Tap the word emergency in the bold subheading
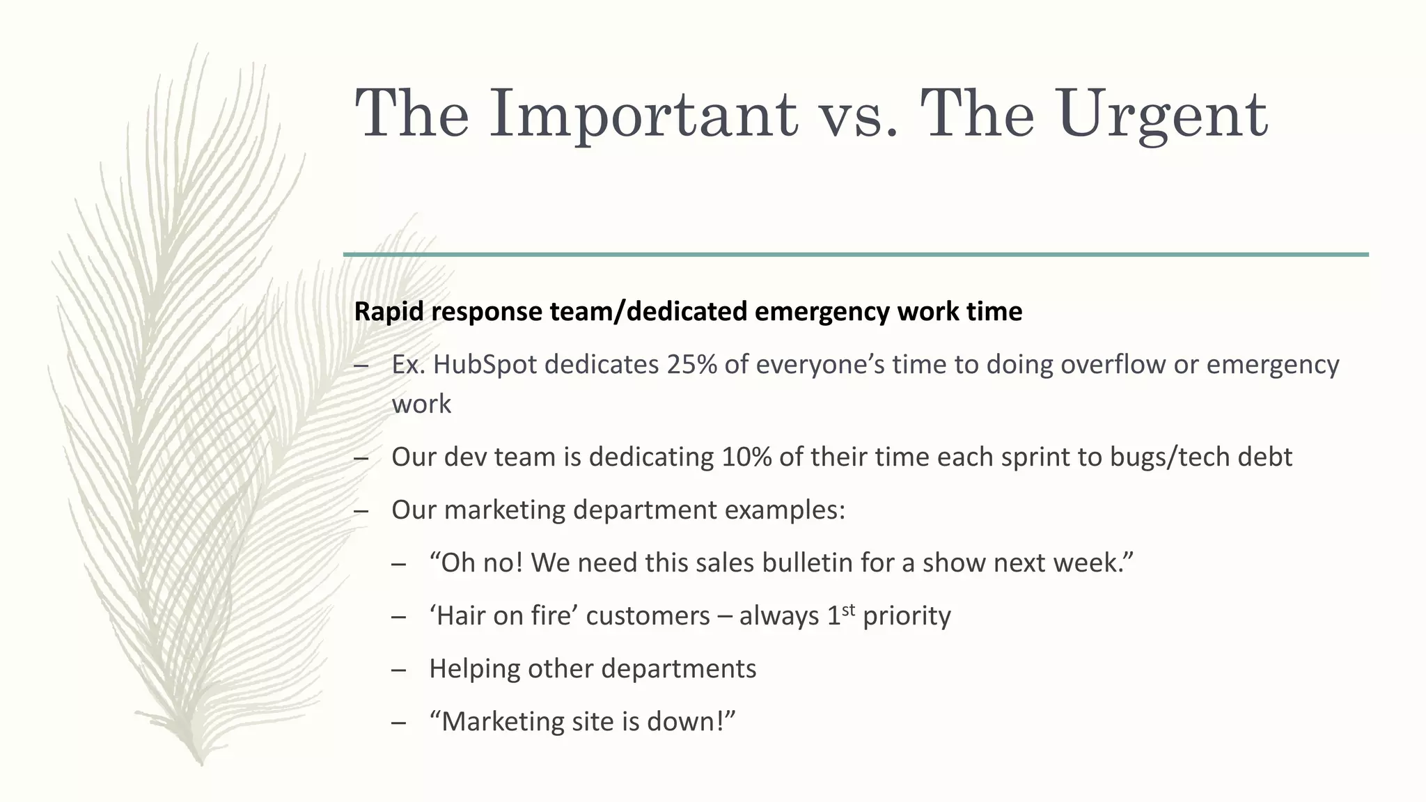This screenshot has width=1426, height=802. pos(821,311)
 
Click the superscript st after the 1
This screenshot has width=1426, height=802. pos(848,610)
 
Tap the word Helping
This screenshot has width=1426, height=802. pos(474,668)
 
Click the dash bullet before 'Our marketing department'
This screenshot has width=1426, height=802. pos(361,511)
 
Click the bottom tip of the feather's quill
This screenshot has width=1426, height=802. pos(200,762)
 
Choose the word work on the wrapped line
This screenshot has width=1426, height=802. pos(421,404)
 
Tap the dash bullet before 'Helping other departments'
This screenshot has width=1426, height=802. pos(398,670)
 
